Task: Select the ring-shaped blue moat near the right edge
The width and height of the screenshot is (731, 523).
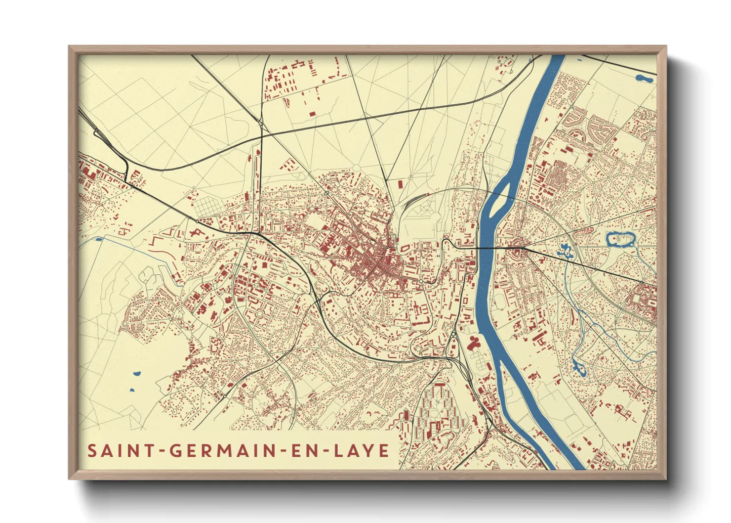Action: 620,240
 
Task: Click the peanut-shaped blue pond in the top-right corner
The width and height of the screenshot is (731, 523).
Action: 644,78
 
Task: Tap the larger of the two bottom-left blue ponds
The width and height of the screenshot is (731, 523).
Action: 137,374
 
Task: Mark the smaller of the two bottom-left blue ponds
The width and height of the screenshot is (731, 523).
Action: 132,390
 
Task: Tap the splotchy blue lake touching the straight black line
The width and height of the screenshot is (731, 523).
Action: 564,251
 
